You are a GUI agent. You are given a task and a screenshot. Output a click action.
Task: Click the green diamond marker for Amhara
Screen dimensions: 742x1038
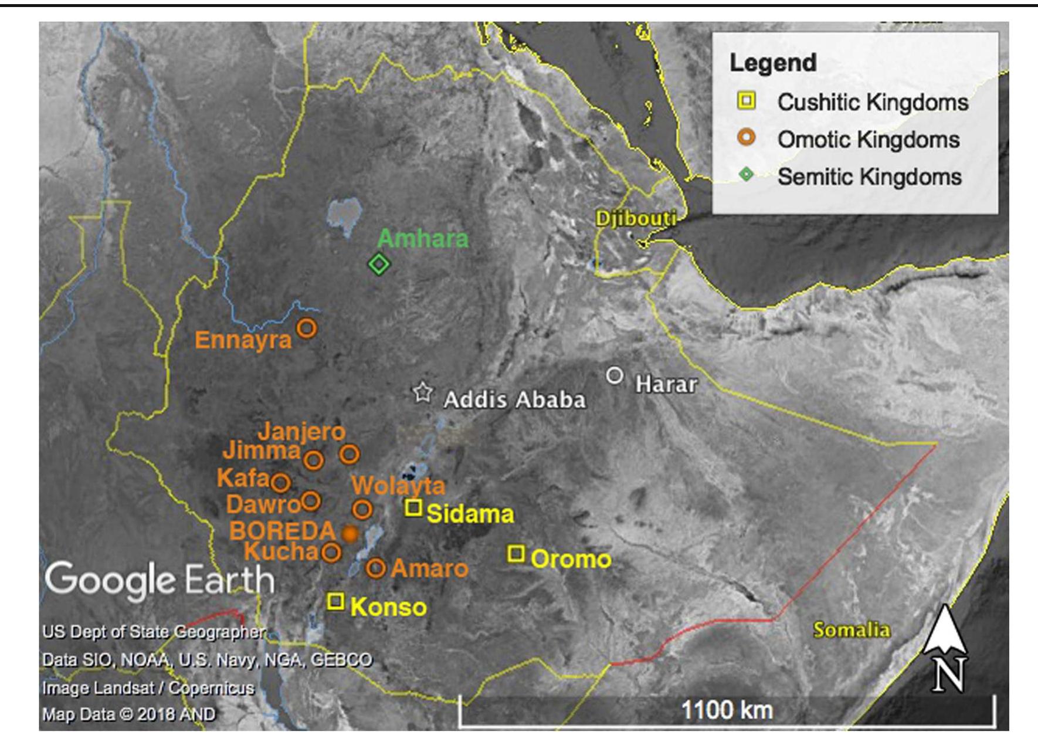pos(379,264)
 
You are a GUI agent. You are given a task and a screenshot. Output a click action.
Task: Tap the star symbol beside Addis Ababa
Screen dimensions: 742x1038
pos(422,392)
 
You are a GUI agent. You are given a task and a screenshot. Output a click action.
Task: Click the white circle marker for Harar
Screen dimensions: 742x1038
pos(614,375)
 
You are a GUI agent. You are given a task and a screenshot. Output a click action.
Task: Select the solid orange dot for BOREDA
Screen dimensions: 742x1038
pos(350,534)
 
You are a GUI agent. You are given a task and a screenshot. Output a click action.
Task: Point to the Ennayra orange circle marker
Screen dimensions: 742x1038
pos(306,328)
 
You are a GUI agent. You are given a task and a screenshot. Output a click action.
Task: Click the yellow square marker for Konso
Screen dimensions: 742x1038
pos(335,601)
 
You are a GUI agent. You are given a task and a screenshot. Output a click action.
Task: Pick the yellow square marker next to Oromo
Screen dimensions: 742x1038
pos(516,553)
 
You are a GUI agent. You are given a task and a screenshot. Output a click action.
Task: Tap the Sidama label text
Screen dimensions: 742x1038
pos(470,514)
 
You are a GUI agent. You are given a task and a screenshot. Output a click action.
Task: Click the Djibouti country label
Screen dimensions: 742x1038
pos(636,219)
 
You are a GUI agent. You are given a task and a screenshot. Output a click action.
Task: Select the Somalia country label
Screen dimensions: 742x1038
pos(851,630)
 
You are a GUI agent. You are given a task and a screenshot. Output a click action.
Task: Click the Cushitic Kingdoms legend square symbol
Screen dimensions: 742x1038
pos(747,101)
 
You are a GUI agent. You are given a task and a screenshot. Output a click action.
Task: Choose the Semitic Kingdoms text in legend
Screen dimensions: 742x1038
pos(869,177)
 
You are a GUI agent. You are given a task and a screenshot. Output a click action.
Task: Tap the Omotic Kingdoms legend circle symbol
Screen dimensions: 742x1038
pos(747,138)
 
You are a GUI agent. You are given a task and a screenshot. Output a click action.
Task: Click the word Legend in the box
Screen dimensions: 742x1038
pos(772,63)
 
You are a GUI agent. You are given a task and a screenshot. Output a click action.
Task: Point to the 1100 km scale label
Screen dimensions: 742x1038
pos(727,710)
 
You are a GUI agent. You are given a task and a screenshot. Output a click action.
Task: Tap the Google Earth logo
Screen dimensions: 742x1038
pos(160,580)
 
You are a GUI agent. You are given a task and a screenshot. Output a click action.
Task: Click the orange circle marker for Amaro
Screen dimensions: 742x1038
pos(375,568)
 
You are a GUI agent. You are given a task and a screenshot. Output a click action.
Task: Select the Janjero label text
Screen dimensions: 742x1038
pos(301,432)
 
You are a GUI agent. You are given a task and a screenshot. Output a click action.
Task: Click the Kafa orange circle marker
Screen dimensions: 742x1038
pos(280,483)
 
